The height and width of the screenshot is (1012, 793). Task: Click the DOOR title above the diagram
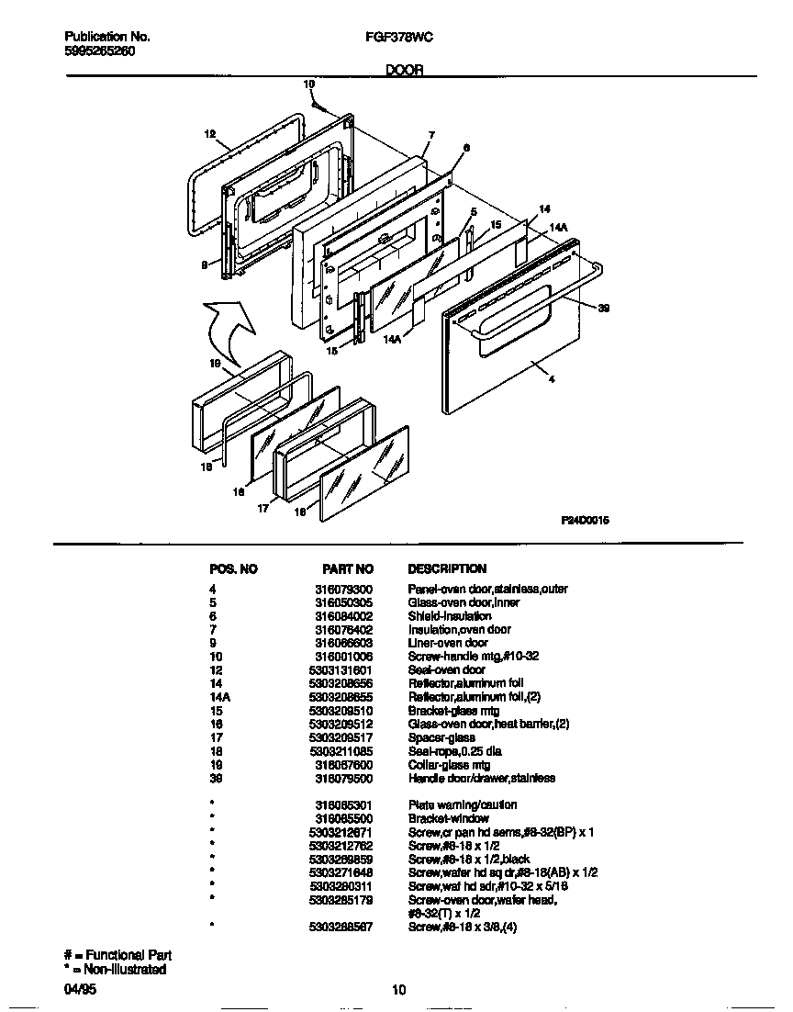403,70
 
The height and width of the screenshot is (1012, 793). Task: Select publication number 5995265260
100,51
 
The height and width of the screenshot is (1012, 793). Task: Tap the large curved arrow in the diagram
229,329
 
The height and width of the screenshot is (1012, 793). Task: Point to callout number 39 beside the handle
602,309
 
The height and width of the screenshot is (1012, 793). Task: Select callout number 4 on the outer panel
551,379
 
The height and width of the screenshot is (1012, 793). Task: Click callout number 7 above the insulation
429,135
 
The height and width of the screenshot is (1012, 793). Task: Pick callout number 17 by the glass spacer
262,506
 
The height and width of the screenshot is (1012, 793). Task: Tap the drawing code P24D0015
585,520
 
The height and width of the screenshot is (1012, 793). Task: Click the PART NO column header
348,569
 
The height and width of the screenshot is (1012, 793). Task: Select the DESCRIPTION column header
447,569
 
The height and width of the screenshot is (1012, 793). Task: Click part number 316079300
344,590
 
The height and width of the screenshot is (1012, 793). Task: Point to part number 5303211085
341,751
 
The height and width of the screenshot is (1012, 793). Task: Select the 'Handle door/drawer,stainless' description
481,778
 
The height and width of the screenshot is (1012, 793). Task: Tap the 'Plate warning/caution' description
462,805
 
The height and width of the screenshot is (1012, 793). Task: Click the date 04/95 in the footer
80,989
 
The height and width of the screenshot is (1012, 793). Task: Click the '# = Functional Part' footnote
117,956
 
